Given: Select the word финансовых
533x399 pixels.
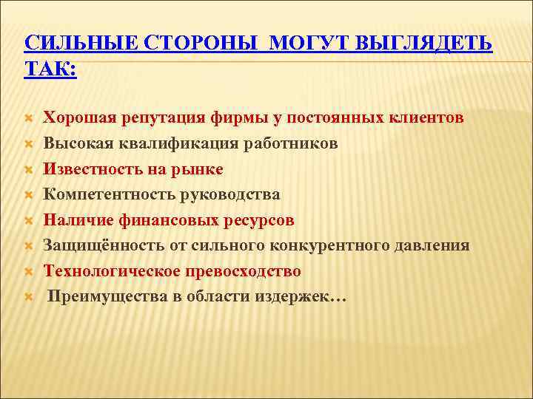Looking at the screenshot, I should tap(172, 220).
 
